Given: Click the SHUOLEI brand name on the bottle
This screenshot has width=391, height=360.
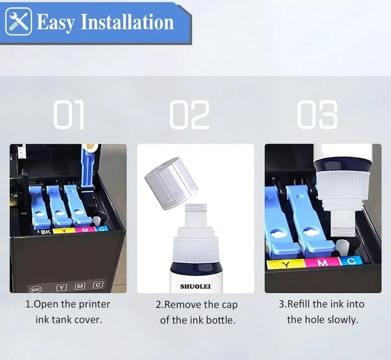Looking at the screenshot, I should (195, 286).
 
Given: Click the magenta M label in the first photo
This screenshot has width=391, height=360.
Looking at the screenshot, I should (86, 230).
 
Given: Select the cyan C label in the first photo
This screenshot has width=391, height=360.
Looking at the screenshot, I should (101, 229).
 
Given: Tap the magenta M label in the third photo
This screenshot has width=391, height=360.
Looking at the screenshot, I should (323, 263).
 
